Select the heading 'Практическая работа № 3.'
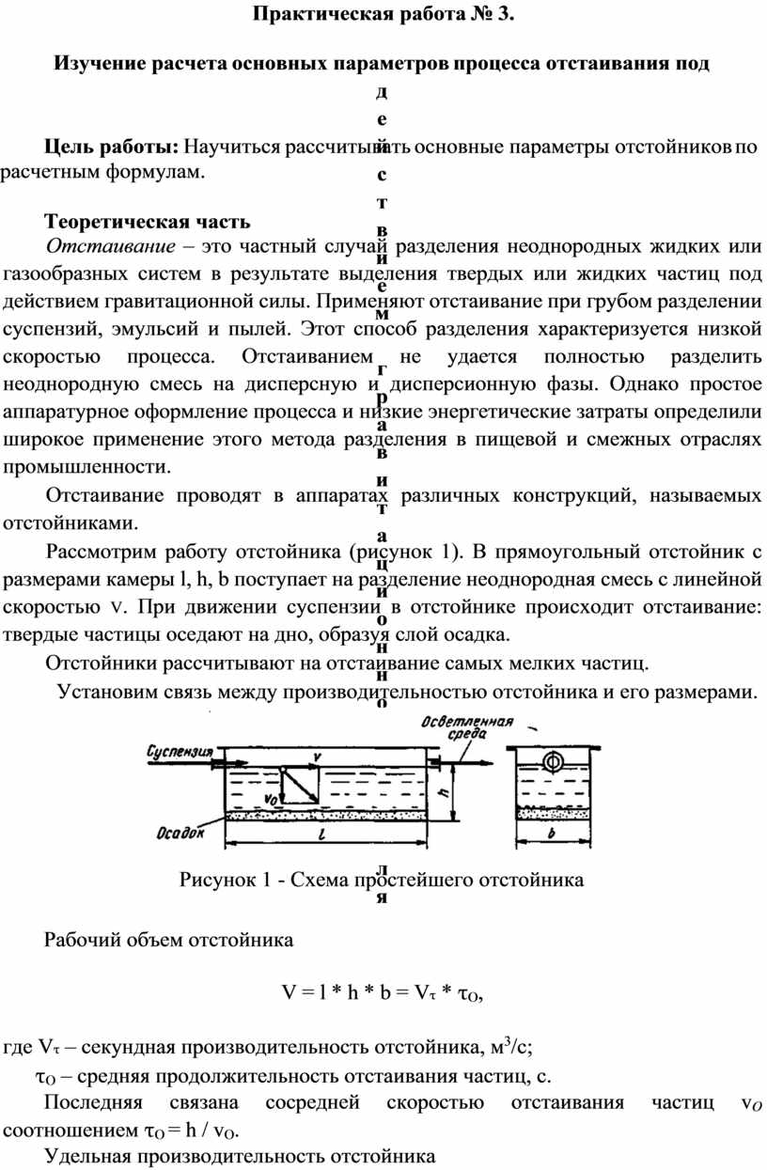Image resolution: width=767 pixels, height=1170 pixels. click(383, 15)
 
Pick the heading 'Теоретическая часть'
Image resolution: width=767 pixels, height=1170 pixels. click(147, 222)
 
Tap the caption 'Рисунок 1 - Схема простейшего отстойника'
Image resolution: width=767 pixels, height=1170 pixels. click(381, 881)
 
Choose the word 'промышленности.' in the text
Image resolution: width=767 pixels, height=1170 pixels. click(88, 466)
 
